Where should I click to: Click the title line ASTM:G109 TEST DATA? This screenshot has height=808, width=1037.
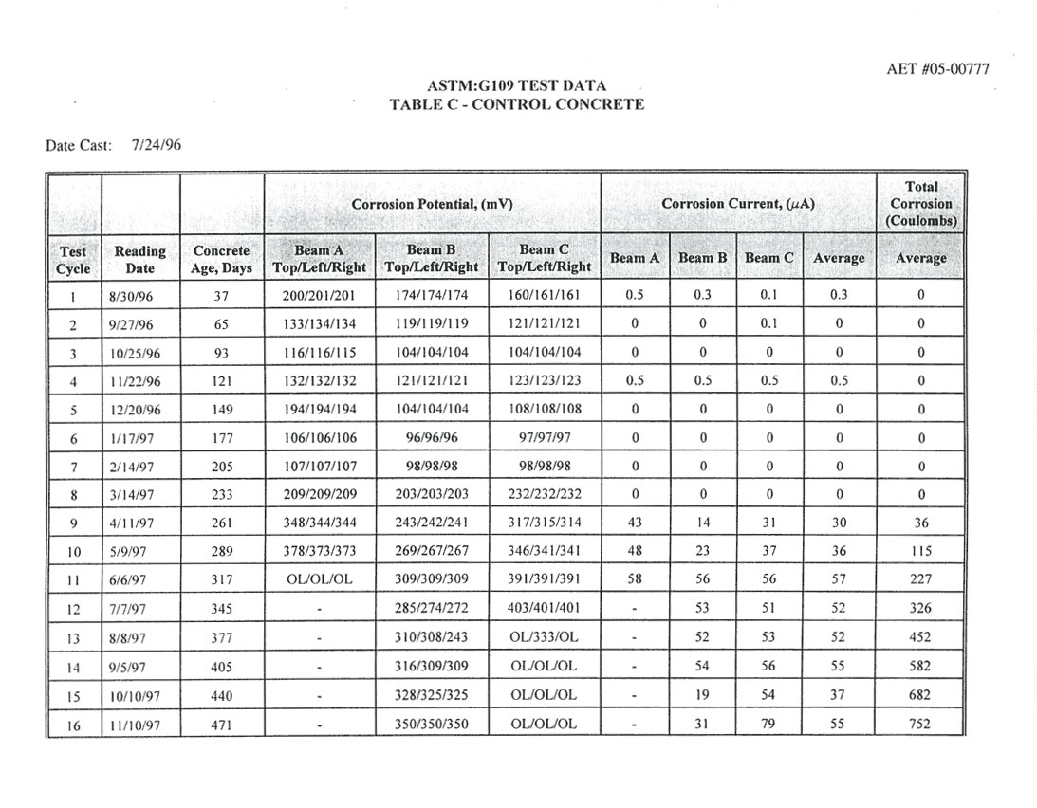[517, 86]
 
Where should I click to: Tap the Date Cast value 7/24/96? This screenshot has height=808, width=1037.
[157, 145]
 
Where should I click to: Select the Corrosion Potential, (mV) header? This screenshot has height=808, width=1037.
[432, 204]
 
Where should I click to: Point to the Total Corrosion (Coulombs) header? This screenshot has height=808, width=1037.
[921, 204]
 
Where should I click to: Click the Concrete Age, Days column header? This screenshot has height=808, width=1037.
[221, 259]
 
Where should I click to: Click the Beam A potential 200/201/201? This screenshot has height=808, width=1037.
[319, 295]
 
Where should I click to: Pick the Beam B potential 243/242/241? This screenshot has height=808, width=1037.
[431, 523]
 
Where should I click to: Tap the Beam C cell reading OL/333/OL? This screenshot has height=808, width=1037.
[544, 637]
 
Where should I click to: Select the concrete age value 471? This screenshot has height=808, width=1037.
[221, 725]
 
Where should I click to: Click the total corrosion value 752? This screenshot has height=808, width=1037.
[920, 725]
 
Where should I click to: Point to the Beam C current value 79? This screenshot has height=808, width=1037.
[768, 725]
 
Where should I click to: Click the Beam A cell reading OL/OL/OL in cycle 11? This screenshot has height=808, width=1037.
[319, 579]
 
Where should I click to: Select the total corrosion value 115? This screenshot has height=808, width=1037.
[920, 551]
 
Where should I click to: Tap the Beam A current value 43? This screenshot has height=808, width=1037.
[635, 523]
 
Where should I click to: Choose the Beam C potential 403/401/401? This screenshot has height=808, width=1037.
[544, 608]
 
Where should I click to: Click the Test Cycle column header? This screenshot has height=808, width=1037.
[74, 259]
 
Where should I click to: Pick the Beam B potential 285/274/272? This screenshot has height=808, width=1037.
[431, 608]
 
